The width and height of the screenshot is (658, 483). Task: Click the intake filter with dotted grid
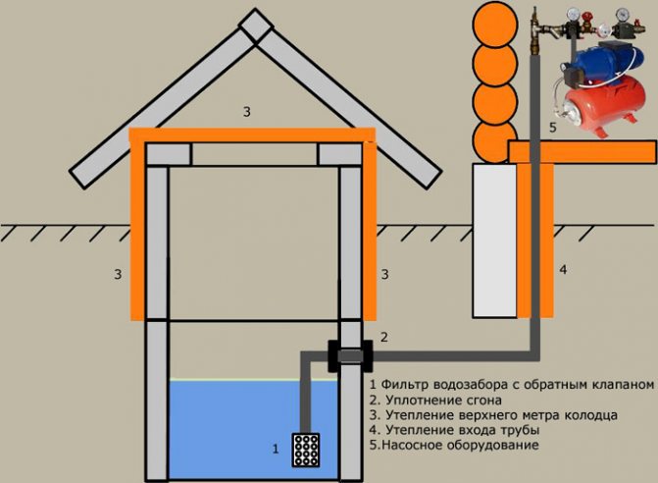(311, 449)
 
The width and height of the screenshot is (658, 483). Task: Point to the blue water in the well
(235, 422)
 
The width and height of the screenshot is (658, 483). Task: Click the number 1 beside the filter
(276, 450)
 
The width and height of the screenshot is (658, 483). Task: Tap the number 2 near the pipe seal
(384, 338)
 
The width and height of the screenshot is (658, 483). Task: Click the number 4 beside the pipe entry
(563, 268)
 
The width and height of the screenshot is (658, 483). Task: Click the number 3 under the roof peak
(247, 112)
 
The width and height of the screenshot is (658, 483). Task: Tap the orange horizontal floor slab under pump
(582, 151)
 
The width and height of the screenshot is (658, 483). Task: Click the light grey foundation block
(495, 241)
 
